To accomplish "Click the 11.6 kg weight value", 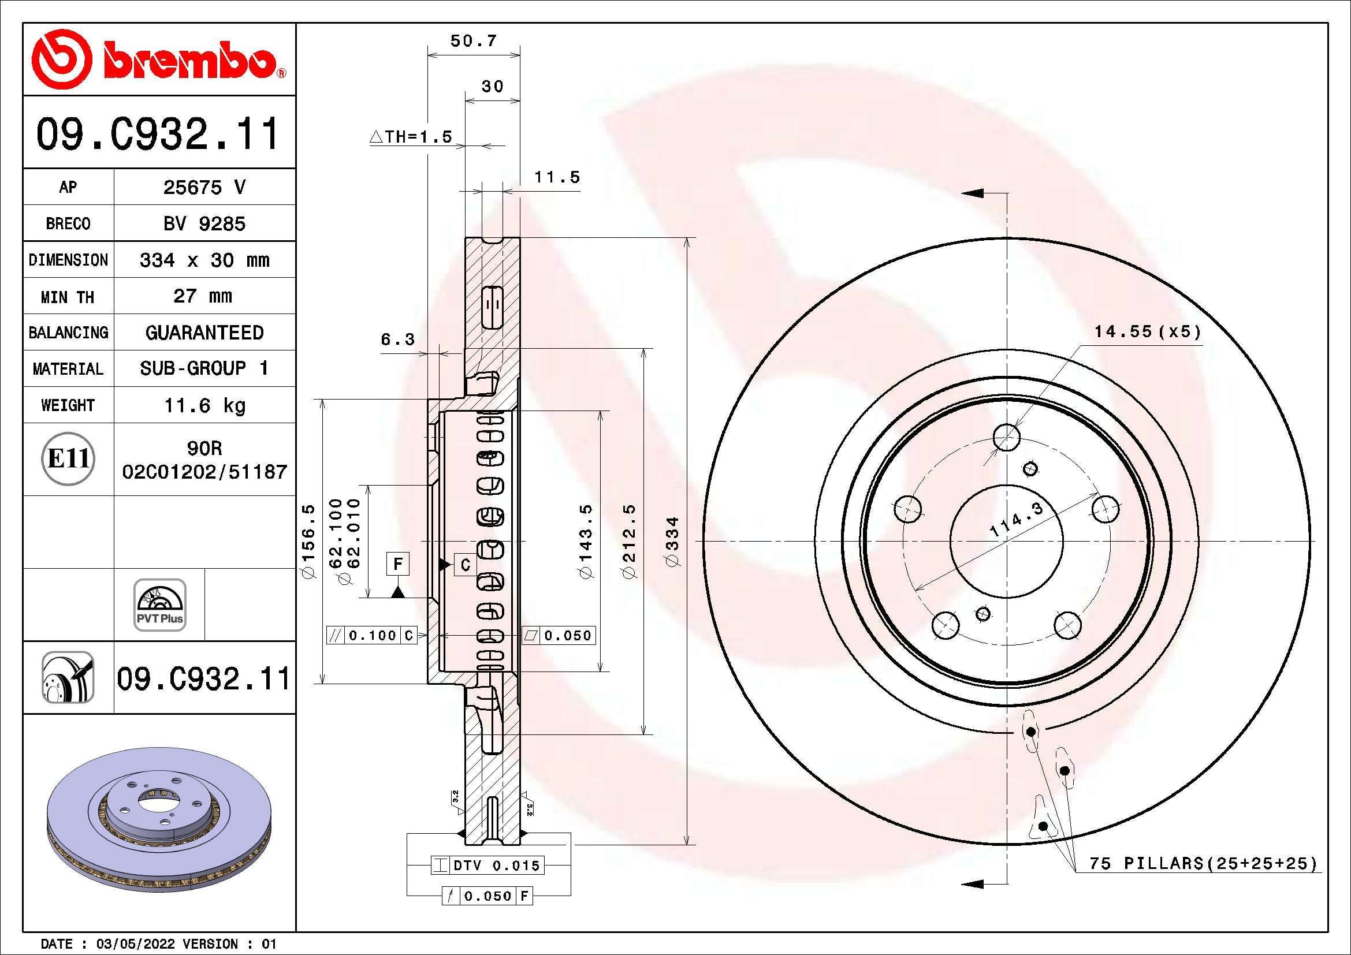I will coord(204,405).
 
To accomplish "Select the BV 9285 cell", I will coord(204,223).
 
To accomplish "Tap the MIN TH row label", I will coord(68,296).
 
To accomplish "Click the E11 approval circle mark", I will coord(68,458).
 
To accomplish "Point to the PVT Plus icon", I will coord(159,605).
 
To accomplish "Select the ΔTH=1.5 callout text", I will coord(411,137).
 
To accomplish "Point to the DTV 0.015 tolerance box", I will coord(487,865).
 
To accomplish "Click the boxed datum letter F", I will coord(398,564).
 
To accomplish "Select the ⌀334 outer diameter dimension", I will coord(672,541).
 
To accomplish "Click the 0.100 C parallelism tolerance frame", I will coord(372,635).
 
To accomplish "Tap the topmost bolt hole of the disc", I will coord(1007,437).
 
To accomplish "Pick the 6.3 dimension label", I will coord(398,340).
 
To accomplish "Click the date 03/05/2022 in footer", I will coord(135,944).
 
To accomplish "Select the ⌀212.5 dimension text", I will coord(629,541).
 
